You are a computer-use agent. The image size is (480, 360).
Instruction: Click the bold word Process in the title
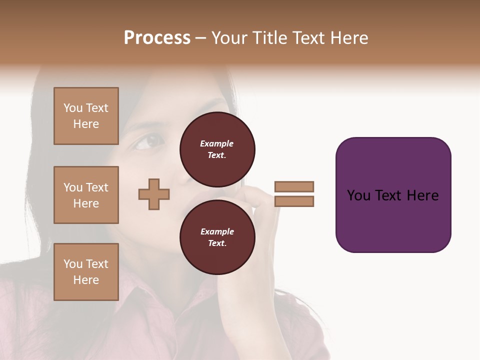point(157,38)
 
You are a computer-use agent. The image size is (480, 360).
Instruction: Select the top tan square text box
point(86,116)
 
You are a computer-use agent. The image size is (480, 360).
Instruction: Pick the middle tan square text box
point(86,195)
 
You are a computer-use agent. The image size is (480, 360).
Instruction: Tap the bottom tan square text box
point(86,271)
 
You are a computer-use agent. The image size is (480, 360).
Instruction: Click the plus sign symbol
point(154,194)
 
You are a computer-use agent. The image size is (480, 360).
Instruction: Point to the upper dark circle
point(217,149)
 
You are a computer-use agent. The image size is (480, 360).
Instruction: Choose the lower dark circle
point(217,237)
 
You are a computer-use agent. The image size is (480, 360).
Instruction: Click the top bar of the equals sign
point(294,186)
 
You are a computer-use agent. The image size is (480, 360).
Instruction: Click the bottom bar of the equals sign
point(294,201)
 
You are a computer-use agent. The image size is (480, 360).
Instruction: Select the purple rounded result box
point(393,194)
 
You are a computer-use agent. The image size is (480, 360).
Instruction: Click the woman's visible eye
point(145,143)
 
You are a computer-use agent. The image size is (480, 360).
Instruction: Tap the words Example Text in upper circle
point(217,149)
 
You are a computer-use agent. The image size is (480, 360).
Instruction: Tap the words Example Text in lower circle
point(217,237)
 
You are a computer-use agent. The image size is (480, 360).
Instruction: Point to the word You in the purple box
point(358,195)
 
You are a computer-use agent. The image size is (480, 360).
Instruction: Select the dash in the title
point(201,38)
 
